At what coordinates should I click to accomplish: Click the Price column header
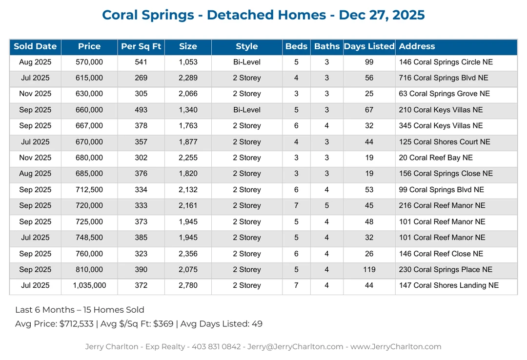coord(89,47)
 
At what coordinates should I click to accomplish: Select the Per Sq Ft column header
coord(141,47)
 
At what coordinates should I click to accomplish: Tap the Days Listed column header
coord(369,47)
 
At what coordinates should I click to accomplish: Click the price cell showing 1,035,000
coord(89,285)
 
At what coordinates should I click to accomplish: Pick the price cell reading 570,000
coord(89,62)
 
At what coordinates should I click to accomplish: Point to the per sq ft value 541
coord(141,62)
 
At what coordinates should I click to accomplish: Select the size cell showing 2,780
coord(188,285)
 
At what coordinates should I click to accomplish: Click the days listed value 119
coord(369,269)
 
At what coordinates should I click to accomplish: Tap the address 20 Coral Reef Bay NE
coord(436,158)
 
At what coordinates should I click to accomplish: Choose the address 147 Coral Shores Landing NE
coord(448,285)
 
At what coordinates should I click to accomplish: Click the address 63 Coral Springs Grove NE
coord(444,94)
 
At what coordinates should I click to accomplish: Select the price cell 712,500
coord(89,190)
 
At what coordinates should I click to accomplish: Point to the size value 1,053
coord(188,62)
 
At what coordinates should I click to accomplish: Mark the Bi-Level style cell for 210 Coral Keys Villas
coord(246,110)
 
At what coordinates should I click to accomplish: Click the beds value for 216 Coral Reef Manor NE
coord(296,205)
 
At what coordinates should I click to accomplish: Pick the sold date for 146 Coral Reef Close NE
coord(35,254)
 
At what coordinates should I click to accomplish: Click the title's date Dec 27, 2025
coord(382,15)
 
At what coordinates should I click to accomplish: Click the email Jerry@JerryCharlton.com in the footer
coord(295,347)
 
